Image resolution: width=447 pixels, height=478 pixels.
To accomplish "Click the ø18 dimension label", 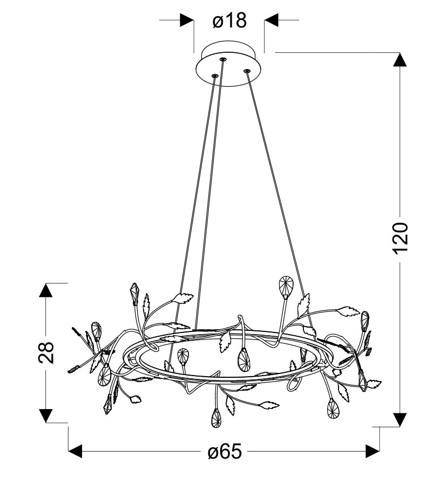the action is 229,20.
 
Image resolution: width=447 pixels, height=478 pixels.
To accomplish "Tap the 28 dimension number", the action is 46,352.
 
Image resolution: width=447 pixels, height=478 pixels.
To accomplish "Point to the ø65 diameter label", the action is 225,451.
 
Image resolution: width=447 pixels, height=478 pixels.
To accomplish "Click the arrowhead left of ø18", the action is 187,20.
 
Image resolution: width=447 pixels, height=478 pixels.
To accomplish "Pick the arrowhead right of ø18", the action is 271,20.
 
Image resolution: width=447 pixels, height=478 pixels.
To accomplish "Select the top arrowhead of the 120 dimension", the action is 399,59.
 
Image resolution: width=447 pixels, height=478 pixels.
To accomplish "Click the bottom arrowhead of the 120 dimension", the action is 399,420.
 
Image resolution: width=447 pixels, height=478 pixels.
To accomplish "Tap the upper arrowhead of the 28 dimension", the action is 46,290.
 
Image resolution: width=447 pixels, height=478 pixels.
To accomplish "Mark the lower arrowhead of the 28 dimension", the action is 46,416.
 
